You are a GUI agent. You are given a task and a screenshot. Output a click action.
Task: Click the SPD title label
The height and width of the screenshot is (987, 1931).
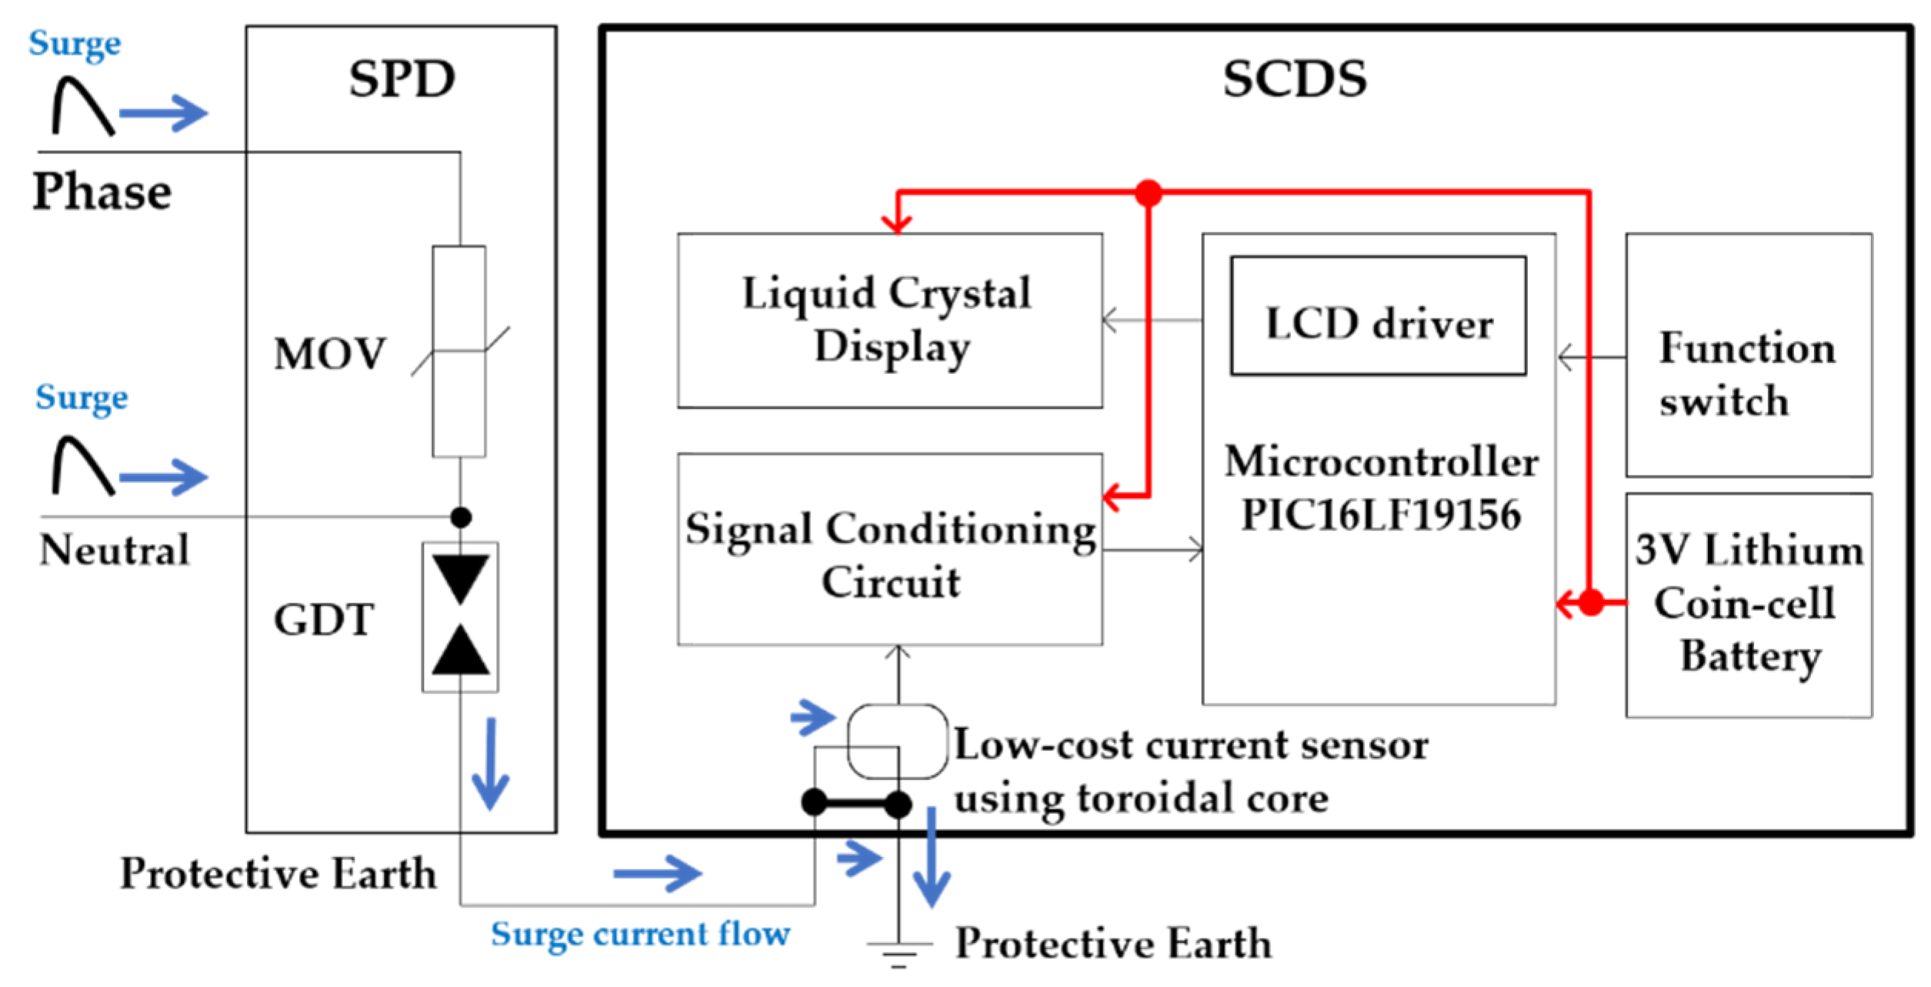[x=402, y=79]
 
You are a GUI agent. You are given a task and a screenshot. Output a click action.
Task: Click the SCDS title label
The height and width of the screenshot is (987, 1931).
[x=1295, y=79]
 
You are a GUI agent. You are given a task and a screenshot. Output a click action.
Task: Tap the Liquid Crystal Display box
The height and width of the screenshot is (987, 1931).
[x=889, y=320]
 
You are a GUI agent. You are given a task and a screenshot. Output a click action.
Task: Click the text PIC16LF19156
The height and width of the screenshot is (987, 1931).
[x=1381, y=515]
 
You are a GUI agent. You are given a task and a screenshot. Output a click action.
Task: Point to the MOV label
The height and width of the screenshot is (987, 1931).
[x=329, y=355]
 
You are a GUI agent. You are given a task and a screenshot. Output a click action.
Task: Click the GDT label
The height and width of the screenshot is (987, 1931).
[x=324, y=620]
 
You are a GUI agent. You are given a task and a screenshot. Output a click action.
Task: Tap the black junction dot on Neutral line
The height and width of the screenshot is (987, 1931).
[x=461, y=518]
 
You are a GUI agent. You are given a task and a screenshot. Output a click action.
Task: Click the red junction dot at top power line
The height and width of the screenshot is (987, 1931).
[x=1148, y=193]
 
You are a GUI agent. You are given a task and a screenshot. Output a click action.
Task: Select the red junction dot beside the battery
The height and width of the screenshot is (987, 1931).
[x=1591, y=602]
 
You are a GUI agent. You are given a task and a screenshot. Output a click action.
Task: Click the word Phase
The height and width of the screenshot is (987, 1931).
[x=102, y=192]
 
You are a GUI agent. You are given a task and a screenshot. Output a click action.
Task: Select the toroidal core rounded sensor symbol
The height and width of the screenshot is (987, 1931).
[x=897, y=742]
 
